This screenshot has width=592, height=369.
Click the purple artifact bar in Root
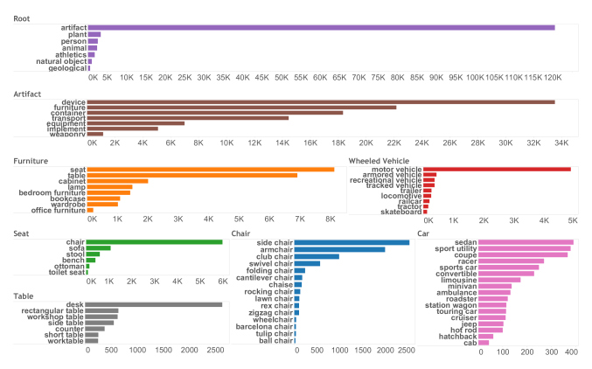[321, 28]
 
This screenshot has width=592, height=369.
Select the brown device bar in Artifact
[321, 102]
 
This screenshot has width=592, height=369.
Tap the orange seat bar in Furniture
[210, 169]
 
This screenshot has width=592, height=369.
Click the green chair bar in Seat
[155, 242]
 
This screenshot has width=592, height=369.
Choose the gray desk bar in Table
[155, 305]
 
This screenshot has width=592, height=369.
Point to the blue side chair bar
[352, 242]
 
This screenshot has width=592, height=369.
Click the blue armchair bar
[339, 249]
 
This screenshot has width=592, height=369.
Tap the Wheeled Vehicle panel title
[380, 160]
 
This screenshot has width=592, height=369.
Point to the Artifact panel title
[30, 93]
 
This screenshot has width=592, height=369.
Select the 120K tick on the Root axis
[553, 77]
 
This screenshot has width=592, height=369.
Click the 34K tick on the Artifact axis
[561, 143]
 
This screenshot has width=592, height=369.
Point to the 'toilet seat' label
[66, 273]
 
